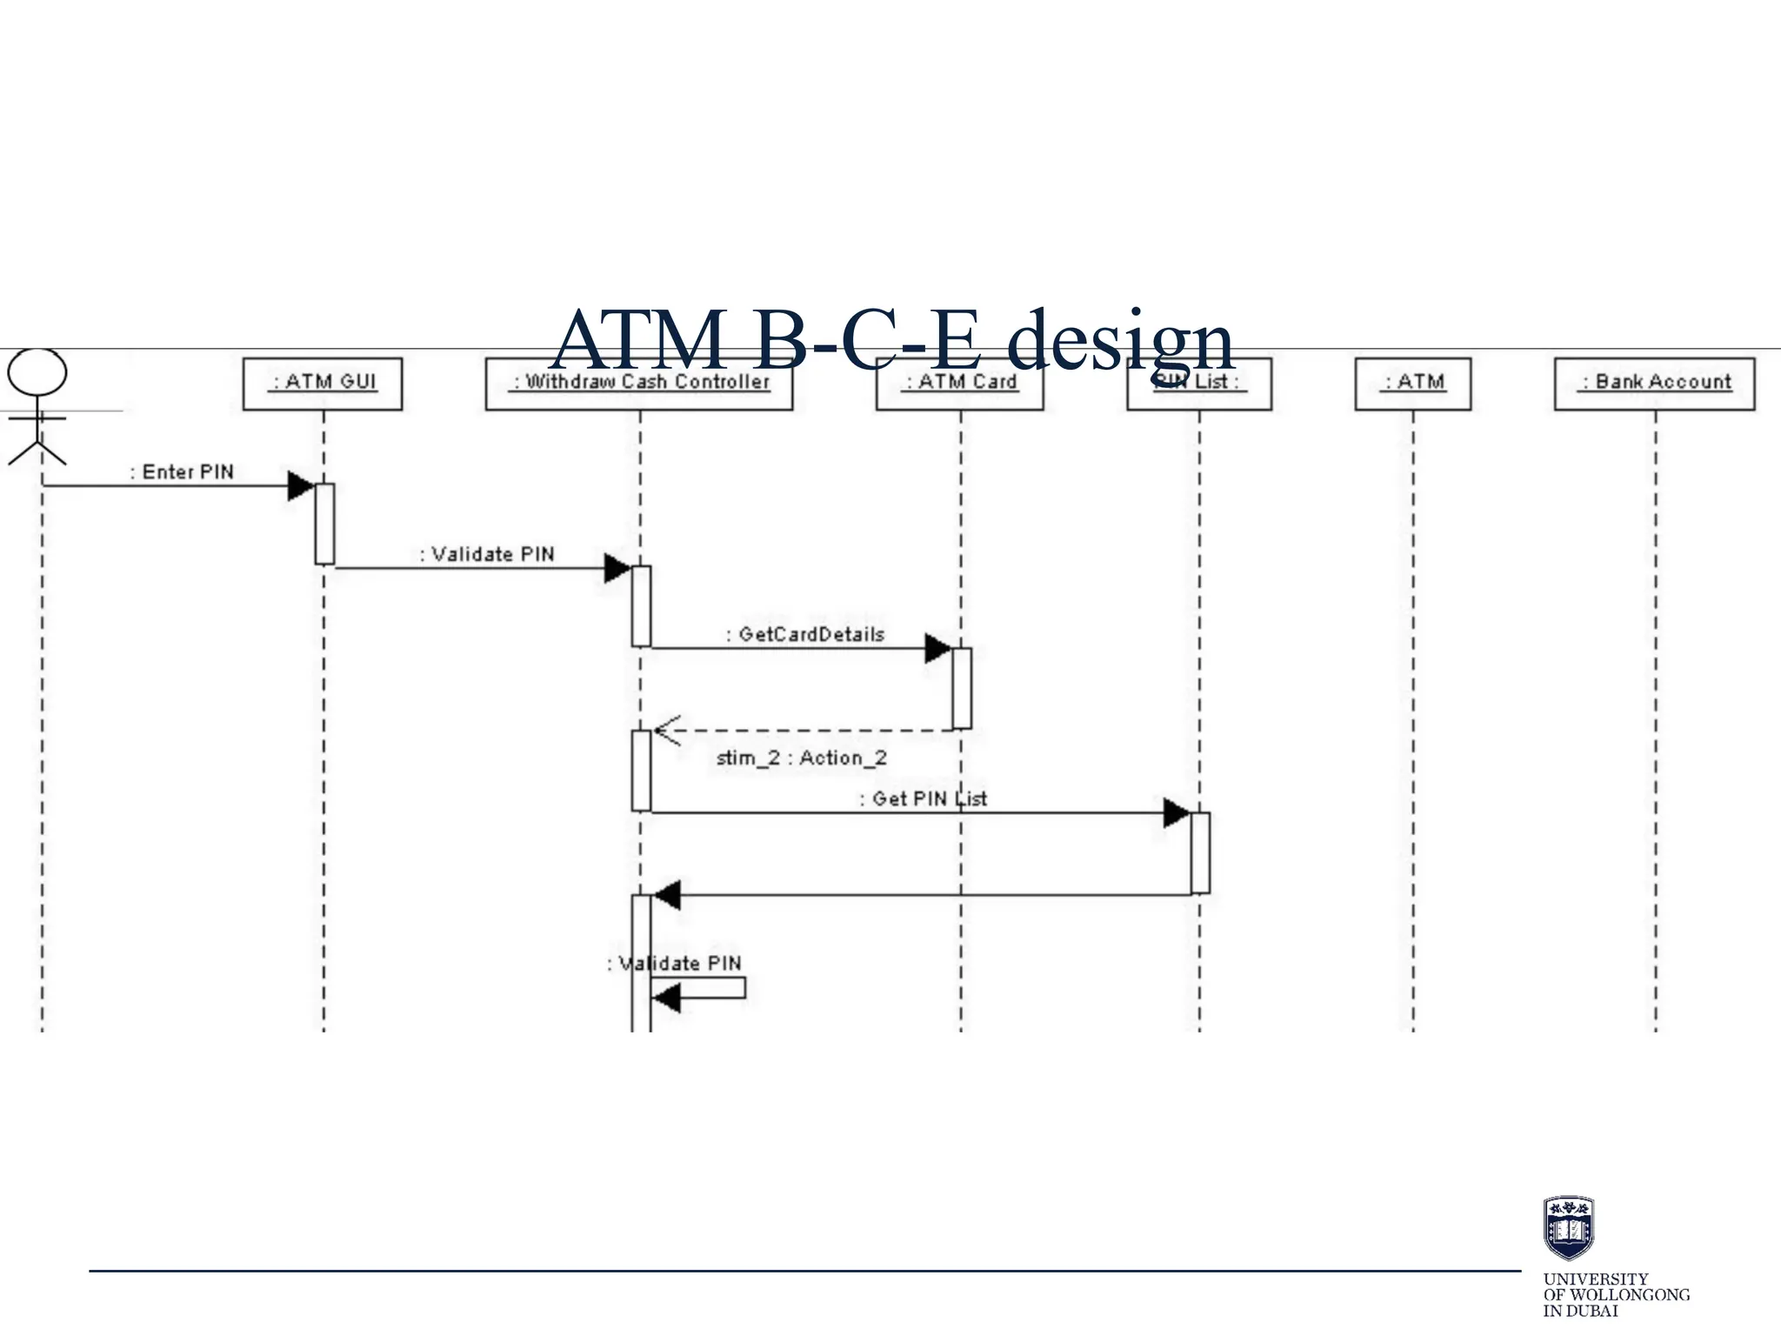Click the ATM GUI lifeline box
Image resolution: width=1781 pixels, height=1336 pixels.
pyautogui.click(x=323, y=384)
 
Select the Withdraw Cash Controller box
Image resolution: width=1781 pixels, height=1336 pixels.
pyautogui.click(x=639, y=384)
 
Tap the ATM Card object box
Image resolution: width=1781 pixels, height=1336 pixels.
pyautogui.click(x=960, y=384)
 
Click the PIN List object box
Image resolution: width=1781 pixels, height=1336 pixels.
pyautogui.click(x=1199, y=384)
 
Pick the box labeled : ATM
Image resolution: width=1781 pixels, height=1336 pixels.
pyautogui.click(x=1413, y=384)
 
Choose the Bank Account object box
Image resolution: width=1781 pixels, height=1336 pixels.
pyautogui.click(x=1655, y=384)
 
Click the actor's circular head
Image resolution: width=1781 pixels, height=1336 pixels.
pyautogui.click(x=37, y=372)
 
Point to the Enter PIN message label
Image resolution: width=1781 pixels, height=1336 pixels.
pyautogui.click(x=182, y=471)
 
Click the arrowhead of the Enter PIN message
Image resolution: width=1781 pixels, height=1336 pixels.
pyautogui.click(x=300, y=486)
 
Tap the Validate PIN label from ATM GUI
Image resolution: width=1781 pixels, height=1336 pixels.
pyautogui.click(x=487, y=554)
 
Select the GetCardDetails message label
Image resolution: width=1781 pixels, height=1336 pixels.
pyautogui.click(x=805, y=634)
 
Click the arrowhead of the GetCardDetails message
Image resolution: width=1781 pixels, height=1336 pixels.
pyautogui.click(x=937, y=648)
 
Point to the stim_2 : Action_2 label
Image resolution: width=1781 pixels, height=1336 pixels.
pyautogui.click(x=801, y=758)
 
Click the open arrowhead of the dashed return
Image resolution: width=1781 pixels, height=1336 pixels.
pyautogui.click(x=666, y=731)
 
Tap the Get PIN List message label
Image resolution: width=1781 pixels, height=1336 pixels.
pyautogui.click(x=924, y=798)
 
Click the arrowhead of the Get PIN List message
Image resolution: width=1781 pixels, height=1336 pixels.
pyautogui.click(x=1176, y=813)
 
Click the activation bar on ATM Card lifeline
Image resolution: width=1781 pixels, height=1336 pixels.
pyautogui.click(x=961, y=687)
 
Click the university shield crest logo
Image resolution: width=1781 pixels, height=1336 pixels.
pyautogui.click(x=1568, y=1227)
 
